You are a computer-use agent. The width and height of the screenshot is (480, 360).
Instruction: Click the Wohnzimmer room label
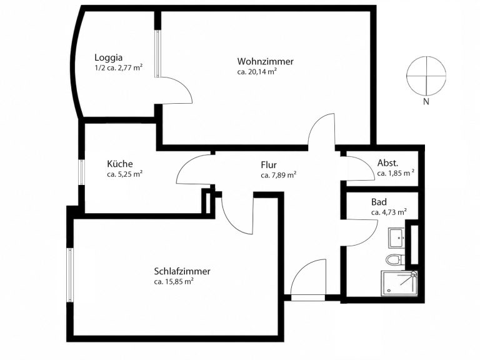point(265,61)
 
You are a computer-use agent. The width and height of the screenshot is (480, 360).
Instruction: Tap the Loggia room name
point(108,57)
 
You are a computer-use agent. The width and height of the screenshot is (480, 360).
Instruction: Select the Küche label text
point(120,164)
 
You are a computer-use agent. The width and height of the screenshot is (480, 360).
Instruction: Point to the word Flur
point(269,165)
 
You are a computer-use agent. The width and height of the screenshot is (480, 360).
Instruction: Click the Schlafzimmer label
point(182,271)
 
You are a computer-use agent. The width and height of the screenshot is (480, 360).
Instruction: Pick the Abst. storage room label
point(387,162)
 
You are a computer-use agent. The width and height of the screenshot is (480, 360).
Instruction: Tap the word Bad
point(379,202)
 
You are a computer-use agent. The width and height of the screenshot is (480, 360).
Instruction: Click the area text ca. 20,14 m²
point(257,72)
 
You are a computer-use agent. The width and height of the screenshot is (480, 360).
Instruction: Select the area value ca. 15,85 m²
point(174,281)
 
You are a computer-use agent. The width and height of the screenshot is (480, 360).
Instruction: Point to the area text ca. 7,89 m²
point(278,175)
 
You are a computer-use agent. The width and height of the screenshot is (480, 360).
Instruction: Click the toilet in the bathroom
point(393,260)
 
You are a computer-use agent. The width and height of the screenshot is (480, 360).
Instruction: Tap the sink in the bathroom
point(396,238)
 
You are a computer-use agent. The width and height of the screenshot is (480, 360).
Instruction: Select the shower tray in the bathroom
point(399,283)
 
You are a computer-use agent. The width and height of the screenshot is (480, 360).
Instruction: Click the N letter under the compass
point(426,102)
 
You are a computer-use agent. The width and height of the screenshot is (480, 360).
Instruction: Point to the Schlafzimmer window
point(70,275)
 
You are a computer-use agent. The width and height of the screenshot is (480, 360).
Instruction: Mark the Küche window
point(81,172)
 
